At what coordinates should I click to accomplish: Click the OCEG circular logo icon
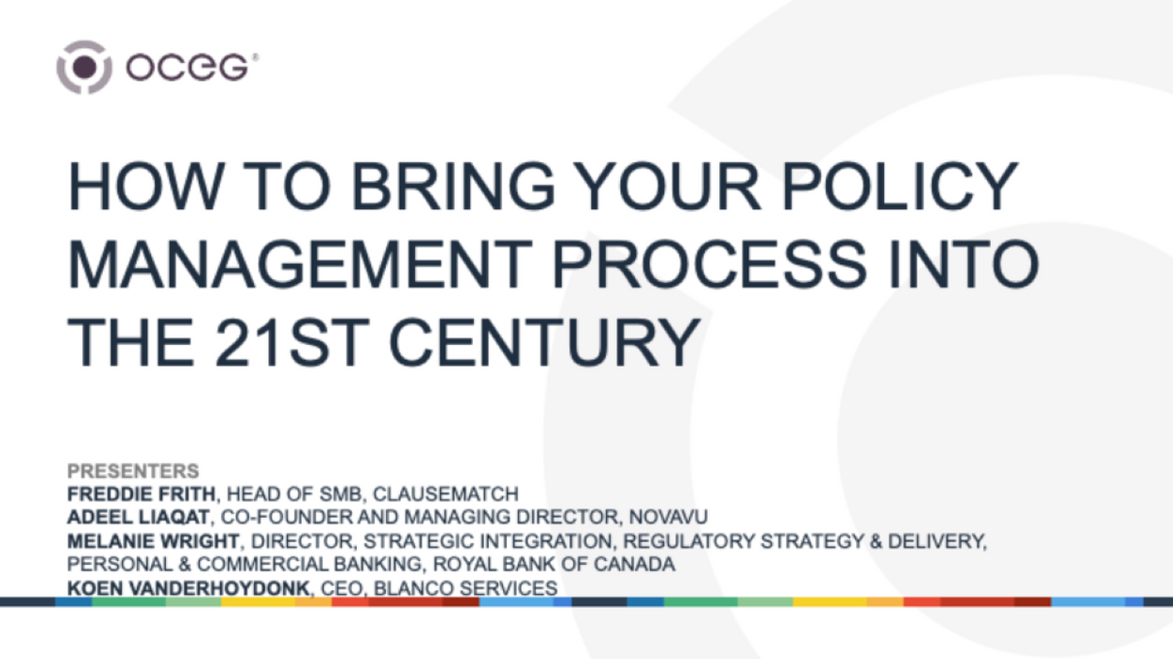tap(85, 67)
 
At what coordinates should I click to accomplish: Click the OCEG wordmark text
tap(188, 68)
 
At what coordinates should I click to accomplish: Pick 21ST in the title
tap(300, 344)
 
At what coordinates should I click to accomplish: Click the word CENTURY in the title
tap(544, 344)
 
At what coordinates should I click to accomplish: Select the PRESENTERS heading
tap(133, 471)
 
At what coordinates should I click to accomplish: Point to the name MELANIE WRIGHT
tap(154, 541)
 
